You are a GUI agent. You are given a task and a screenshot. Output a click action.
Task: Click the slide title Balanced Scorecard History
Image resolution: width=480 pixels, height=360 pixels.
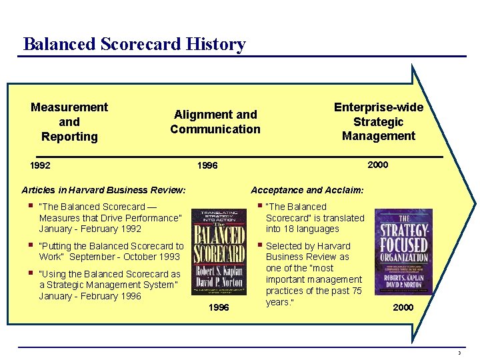pos(134,44)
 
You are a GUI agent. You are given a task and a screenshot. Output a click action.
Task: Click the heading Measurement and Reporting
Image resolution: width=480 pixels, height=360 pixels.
pos(69,121)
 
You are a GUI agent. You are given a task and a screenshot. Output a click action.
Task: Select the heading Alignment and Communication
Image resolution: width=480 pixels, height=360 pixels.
pos(215,121)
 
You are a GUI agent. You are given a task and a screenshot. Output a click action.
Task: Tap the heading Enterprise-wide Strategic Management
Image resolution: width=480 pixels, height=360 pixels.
pos(379,121)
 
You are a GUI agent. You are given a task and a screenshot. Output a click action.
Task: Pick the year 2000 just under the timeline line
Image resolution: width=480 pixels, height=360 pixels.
pos(377,165)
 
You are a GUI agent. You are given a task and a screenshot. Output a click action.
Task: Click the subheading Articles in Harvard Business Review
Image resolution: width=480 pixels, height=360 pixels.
pos(103,190)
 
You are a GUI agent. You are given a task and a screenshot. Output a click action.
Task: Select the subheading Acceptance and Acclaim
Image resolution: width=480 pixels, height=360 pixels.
pos(307,190)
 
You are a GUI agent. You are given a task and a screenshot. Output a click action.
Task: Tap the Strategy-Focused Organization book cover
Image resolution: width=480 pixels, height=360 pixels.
pos(403,251)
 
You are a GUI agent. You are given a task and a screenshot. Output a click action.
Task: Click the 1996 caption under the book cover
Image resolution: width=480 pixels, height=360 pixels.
pos(219,307)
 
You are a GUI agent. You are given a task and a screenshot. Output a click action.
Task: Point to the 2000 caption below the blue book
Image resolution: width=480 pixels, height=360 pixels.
pos(403,307)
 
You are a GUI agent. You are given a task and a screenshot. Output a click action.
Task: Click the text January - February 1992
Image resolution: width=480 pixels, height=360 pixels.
pos(90,229)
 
